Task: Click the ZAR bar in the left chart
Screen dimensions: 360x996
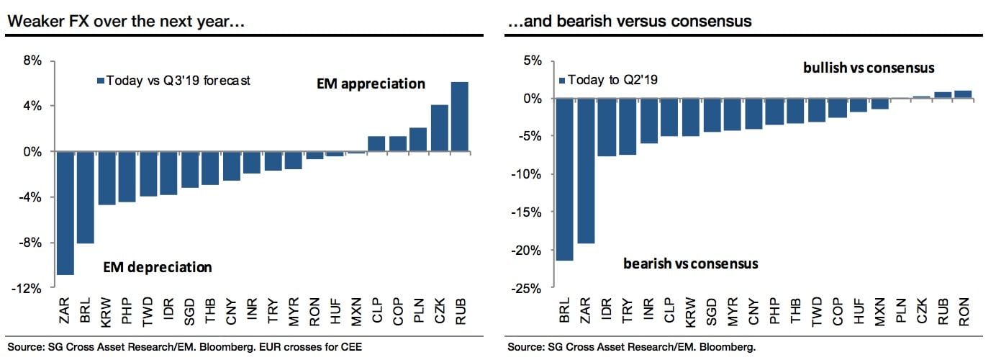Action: click(65, 213)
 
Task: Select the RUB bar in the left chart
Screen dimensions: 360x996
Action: click(460, 117)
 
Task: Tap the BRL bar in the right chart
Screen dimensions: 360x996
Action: click(565, 179)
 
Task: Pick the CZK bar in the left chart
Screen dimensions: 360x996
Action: click(439, 128)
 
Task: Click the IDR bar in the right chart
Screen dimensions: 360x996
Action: click(607, 127)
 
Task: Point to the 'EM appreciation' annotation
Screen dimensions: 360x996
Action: click(371, 84)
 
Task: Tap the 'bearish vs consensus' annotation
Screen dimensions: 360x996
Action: click(690, 264)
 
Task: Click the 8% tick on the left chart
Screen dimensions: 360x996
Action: click(32, 60)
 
